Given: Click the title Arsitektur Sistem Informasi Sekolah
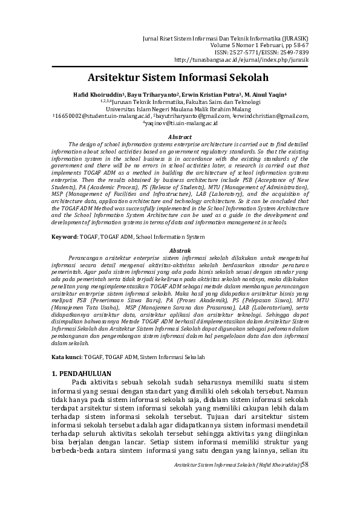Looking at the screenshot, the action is click(x=178, y=78).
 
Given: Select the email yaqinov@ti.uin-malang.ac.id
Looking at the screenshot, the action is click(x=180, y=123).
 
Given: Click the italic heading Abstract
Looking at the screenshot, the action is click(x=179, y=137).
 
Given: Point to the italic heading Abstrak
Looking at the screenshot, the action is click(x=179, y=250).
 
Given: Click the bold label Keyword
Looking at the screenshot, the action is click(x=64, y=236).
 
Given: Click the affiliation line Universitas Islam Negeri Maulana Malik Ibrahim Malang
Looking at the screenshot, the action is click(x=179, y=109).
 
